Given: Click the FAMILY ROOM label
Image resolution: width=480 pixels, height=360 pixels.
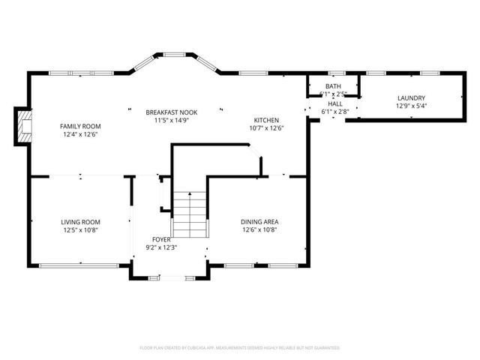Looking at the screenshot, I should coord(80,126).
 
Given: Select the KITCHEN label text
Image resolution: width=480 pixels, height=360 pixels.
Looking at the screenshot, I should coord(266,120).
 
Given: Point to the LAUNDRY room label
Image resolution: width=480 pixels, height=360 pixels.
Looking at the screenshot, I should coord(410,98).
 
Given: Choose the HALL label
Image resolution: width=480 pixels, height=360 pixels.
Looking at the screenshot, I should coord(334,103).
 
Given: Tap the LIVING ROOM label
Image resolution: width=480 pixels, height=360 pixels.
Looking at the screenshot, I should coord(80,222).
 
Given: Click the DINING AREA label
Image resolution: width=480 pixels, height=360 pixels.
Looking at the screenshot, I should coord(260,222).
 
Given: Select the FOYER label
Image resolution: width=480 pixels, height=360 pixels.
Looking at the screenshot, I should coord(162,239).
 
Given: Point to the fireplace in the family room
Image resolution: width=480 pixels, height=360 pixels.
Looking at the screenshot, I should coord(25,126).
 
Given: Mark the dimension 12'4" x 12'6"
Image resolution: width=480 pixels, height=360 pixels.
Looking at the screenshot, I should coord(80,134).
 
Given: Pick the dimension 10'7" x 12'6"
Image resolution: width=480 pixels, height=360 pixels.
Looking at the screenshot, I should coord(266,128).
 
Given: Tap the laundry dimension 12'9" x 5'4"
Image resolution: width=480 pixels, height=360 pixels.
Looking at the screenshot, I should coord(410,106).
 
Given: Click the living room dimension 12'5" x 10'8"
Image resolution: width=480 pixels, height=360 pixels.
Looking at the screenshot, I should coord(80,230).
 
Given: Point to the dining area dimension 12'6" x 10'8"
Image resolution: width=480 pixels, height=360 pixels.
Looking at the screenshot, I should coord(260,230).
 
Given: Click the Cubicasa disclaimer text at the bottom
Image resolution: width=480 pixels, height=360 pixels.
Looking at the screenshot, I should coord(240,348).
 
